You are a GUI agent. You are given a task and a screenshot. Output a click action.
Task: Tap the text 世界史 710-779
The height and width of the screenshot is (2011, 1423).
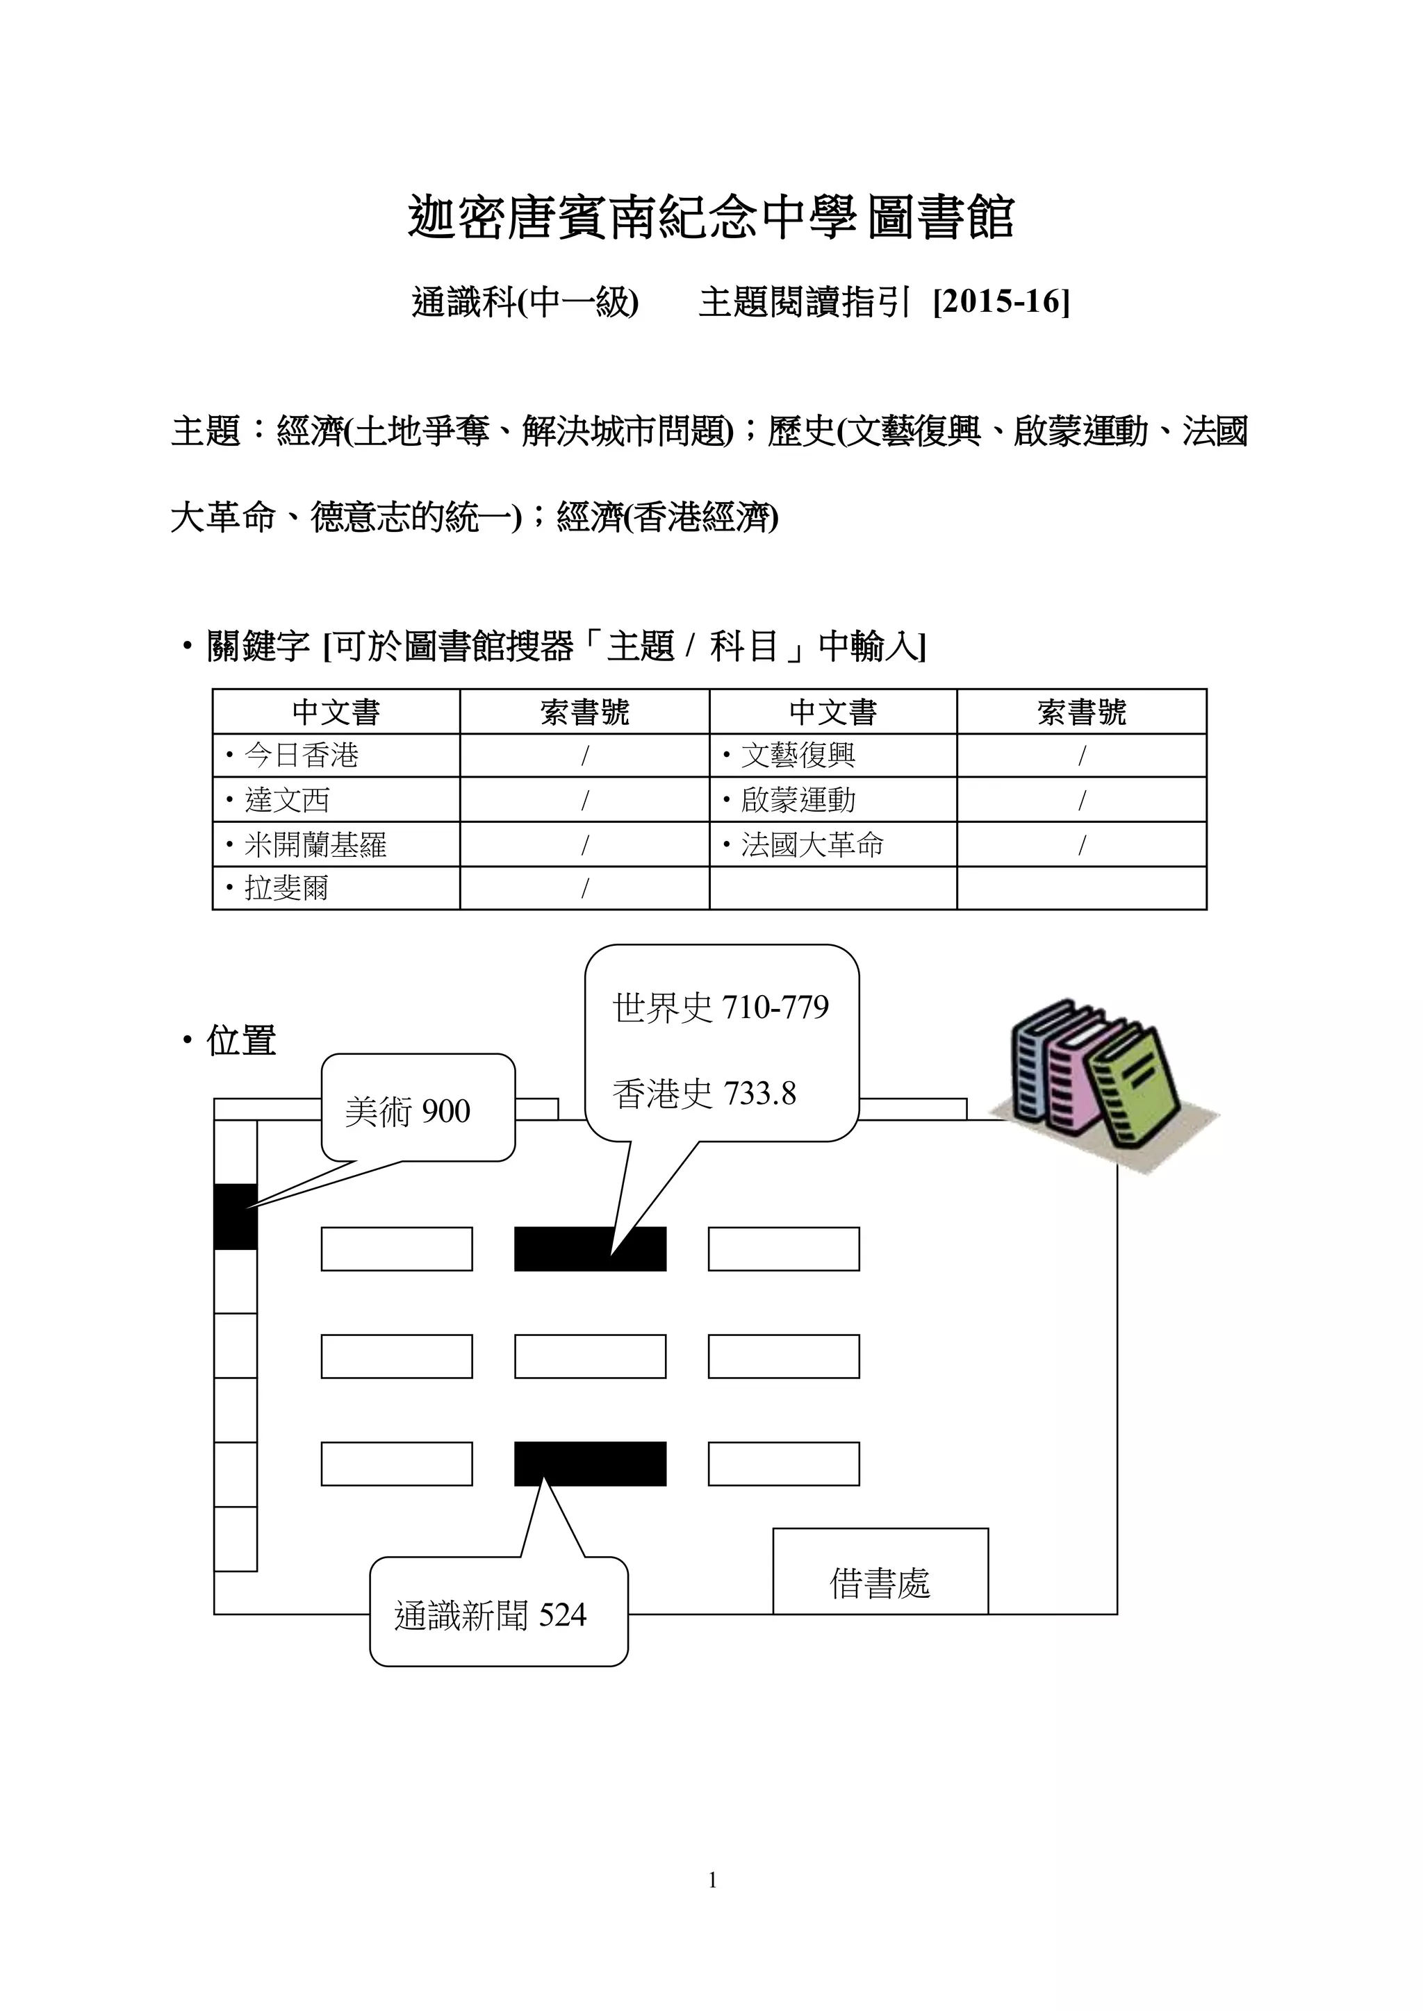721,1008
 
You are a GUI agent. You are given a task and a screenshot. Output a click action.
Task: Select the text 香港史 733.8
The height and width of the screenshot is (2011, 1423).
705,1093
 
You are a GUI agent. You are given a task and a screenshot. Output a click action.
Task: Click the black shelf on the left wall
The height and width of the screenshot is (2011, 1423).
236,1217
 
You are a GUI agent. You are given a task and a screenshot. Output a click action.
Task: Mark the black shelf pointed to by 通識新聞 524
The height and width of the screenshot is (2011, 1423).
590,1464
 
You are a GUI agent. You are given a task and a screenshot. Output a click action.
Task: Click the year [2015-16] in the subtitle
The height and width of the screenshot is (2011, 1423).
1001,302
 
